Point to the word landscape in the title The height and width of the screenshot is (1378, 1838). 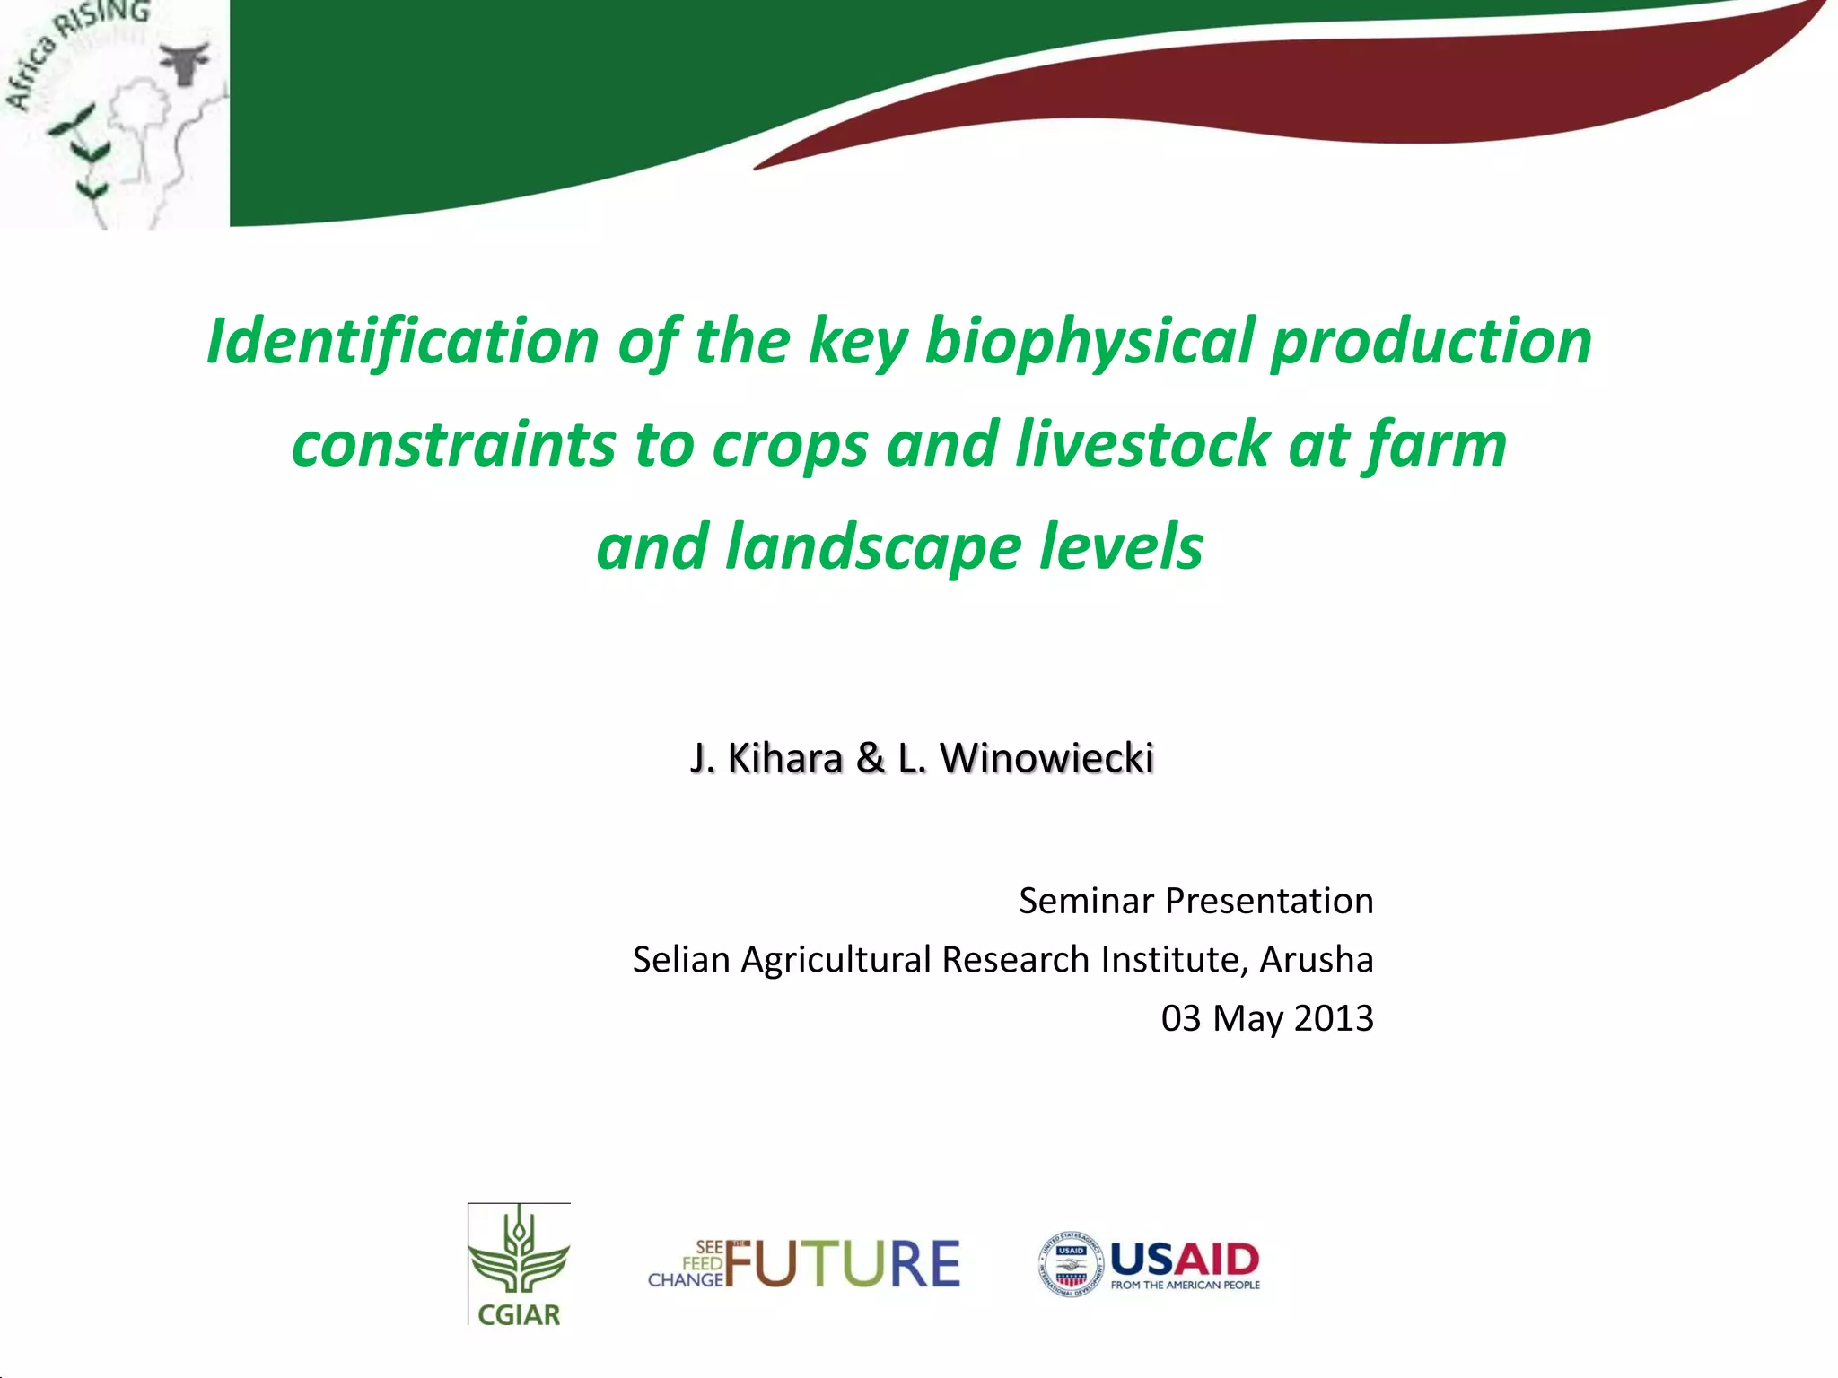[873, 547]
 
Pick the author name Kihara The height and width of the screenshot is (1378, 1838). [785, 758]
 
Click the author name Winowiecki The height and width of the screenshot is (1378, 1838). [1046, 758]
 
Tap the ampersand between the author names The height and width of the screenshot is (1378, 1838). [871, 758]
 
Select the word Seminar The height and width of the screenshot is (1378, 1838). [1085, 901]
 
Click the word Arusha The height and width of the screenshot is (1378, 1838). [1317, 959]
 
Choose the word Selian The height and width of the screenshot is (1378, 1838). [681, 959]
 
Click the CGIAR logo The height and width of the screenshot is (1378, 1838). [519, 1263]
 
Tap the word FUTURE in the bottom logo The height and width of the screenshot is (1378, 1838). [842, 1263]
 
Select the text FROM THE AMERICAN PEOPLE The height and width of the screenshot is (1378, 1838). [1186, 1286]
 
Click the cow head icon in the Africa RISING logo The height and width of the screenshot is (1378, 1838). [185, 63]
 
